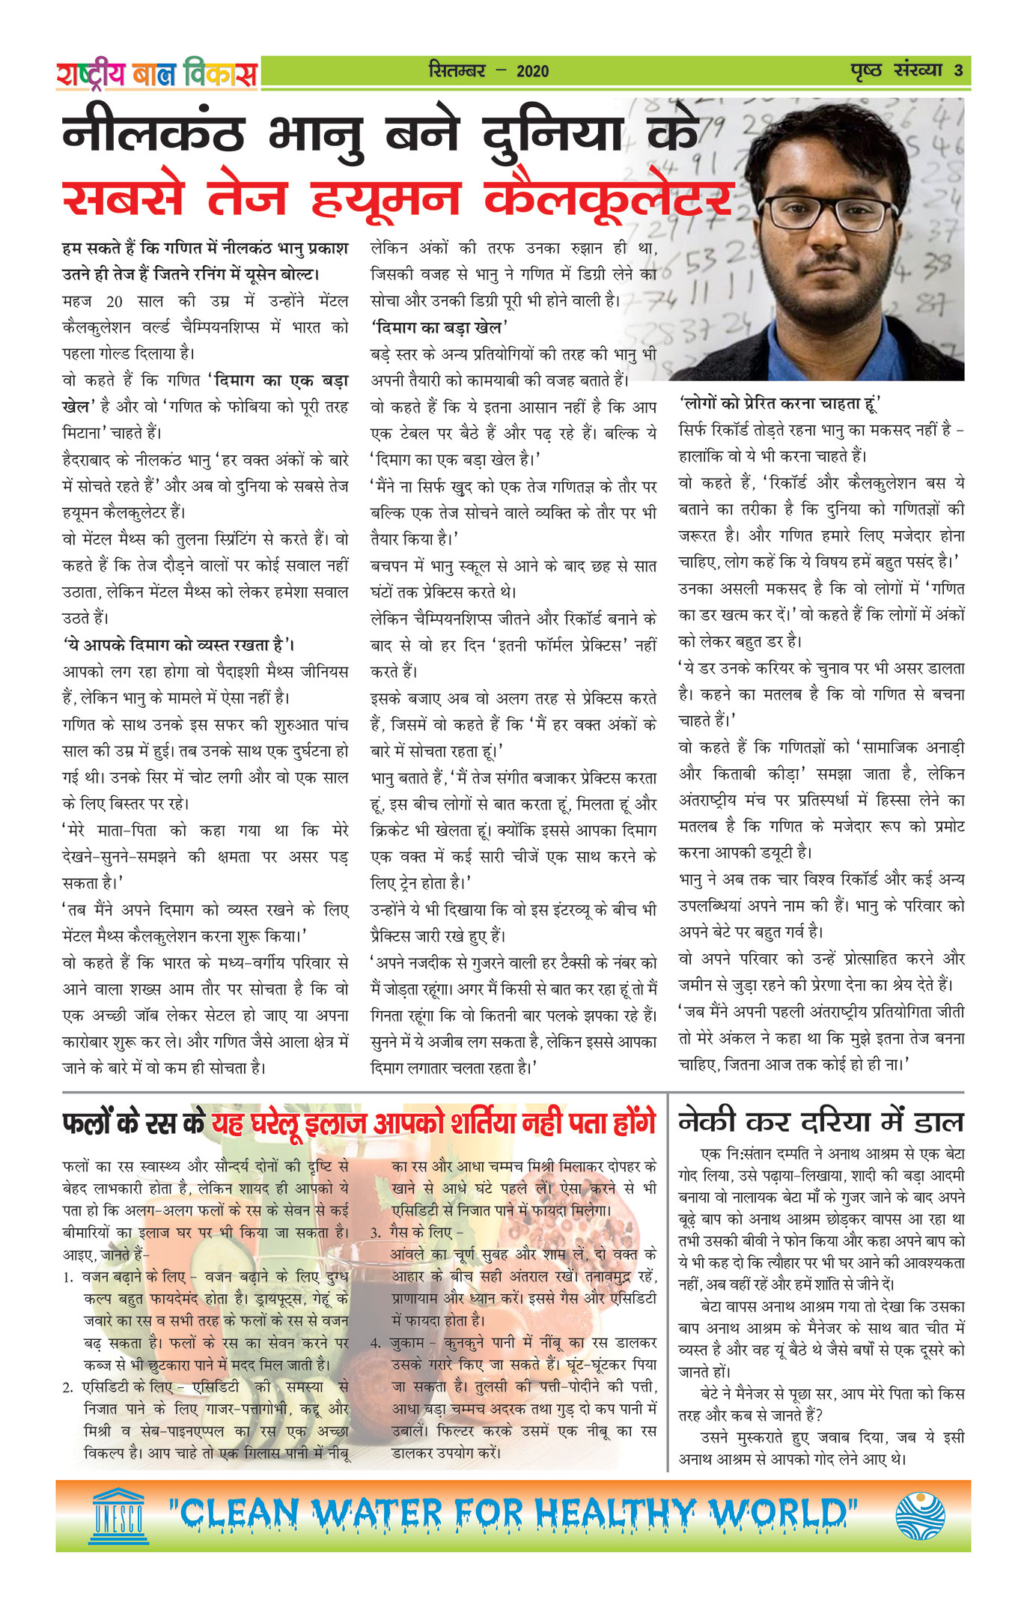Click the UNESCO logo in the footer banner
119,1516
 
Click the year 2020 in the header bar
532,71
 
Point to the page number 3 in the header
958,71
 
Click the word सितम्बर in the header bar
457,71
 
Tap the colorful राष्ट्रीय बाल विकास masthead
156,73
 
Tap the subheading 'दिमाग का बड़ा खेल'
440,327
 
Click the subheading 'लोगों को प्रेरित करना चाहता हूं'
779,404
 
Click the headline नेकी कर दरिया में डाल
820,1122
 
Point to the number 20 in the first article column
114,301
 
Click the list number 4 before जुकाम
375,1344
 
